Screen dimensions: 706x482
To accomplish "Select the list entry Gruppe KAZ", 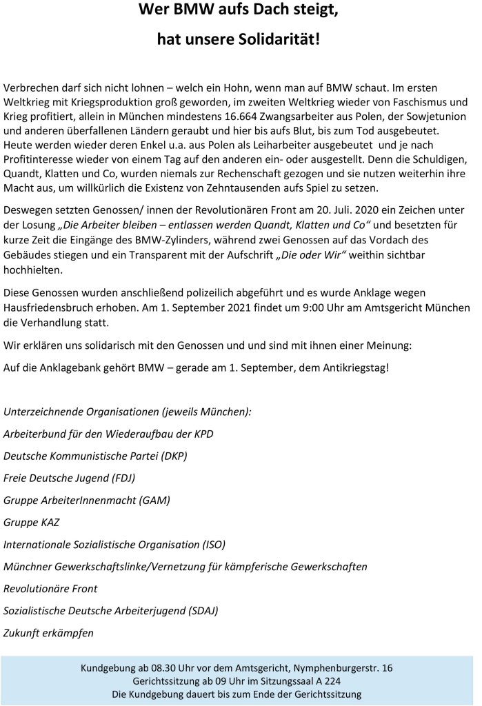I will (31, 522).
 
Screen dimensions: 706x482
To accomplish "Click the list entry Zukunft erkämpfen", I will (48, 632).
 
